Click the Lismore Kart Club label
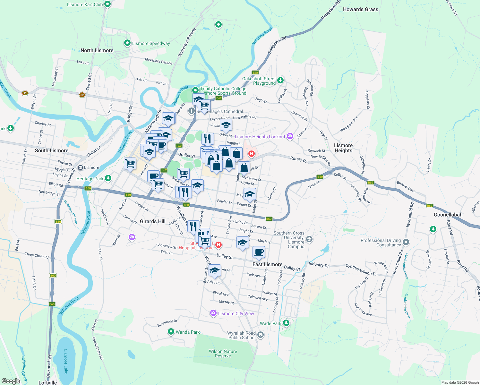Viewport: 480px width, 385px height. [85, 4]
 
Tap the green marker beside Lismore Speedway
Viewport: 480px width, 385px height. [127, 43]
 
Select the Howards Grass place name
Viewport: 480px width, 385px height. [360, 9]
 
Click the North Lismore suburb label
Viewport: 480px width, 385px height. [97, 50]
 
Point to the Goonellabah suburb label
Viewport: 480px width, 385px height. [448, 215]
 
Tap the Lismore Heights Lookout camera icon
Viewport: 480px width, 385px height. [290, 136]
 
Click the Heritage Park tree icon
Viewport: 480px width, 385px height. [108, 178]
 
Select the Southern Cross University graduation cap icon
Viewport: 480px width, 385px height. [309, 239]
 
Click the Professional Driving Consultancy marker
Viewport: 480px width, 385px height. [406, 242]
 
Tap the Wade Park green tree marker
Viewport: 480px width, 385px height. [286, 323]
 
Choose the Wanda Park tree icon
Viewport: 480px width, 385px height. [171, 332]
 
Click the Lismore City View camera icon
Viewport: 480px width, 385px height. [213, 313]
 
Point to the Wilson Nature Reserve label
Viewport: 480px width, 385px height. [223, 354]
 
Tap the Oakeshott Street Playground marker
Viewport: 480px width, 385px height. [280, 80]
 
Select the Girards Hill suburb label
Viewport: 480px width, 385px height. [153, 221]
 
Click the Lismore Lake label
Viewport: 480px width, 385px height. [65, 362]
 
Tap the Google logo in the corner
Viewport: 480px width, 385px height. [11, 381]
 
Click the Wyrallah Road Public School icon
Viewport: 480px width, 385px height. [261, 335]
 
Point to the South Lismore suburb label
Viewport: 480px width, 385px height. [52, 150]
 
